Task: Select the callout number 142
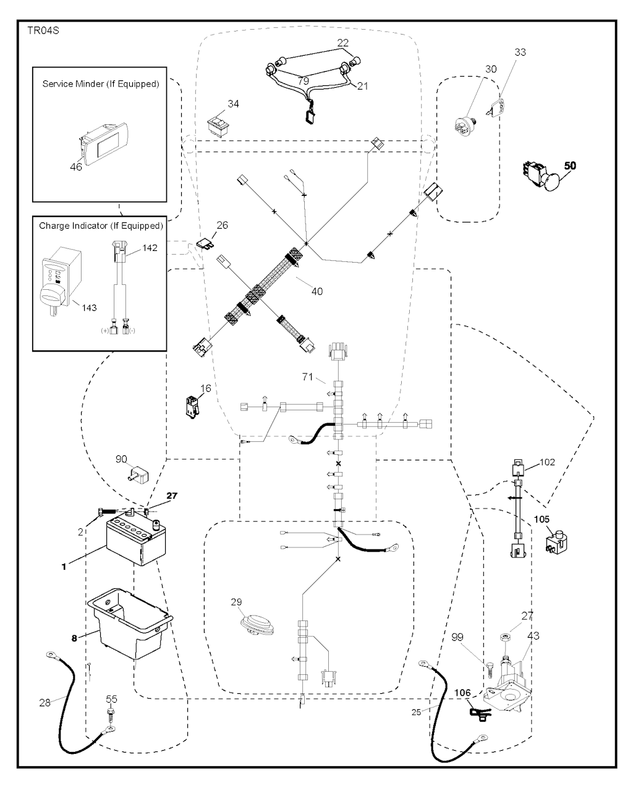pos(150,248)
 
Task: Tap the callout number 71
pos(307,376)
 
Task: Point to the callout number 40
pos(316,291)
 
